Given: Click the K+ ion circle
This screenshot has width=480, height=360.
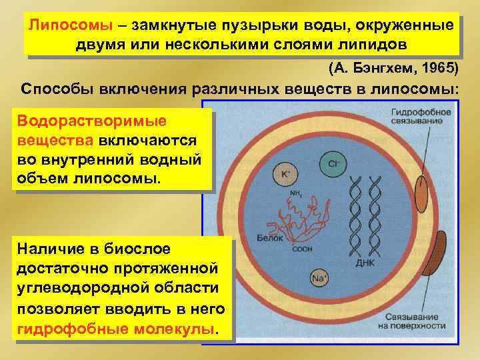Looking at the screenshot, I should tap(285, 174).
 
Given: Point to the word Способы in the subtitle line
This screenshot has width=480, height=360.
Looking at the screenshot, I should tap(53, 89).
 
